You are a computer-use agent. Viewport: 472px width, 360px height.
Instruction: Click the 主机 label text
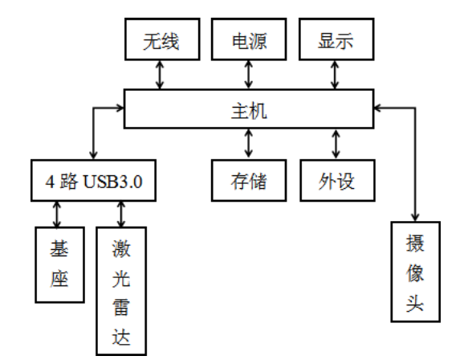pyautogui.click(x=249, y=111)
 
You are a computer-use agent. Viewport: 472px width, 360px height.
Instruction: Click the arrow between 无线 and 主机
pyautogui.click(x=160, y=75)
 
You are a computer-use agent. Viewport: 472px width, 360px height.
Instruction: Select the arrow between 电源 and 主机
pyautogui.click(x=248, y=75)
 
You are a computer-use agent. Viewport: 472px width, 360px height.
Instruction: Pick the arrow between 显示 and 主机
pyautogui.click(x=335, y=75)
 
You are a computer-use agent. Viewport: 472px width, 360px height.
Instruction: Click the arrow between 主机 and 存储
pyautogui.click(x=248, y=144)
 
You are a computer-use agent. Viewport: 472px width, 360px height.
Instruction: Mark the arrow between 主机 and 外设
pyautogui.click(x=336, y=144)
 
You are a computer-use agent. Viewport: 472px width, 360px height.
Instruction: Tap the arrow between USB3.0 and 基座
pyautogui.click(x=56, y=214)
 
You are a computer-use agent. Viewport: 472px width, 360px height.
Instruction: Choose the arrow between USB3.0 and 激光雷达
pyautogui.click(x=121, y=214)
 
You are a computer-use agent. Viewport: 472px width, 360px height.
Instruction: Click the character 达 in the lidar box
pyautogui.click(x=121, y=337)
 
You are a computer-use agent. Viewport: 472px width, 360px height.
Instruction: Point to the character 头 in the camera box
pyautogui.click(x=415, y=303)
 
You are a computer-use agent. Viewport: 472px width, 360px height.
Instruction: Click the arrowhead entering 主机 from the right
pyautogui.click(x=377, y=108)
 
